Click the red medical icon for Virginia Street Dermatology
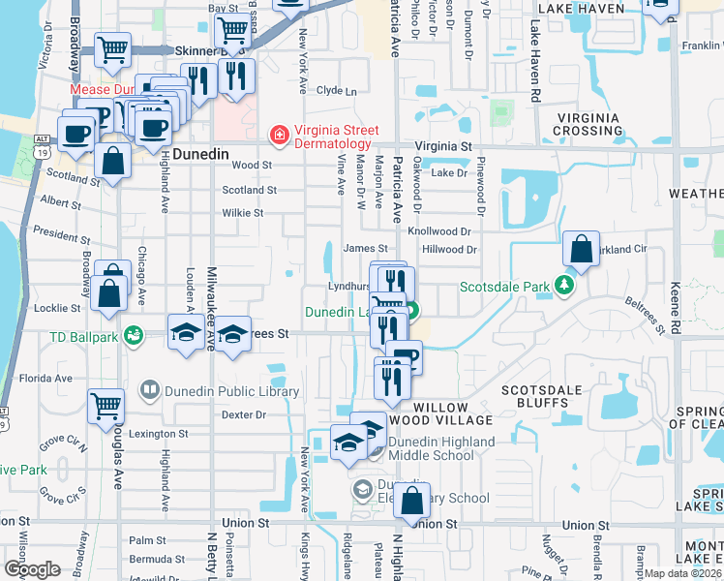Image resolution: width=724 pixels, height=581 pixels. (x=278, y=135)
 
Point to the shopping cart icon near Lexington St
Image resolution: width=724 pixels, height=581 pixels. (x=106, y=407)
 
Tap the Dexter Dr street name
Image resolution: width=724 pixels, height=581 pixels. (x=243, y=414)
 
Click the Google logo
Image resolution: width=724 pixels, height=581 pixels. (x=32, y=569)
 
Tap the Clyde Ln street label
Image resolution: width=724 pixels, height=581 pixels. (x=337, y=91)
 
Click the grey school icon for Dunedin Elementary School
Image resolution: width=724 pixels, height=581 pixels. (x=361, y=488)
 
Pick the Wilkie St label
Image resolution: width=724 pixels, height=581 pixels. (x=243, y=213)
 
